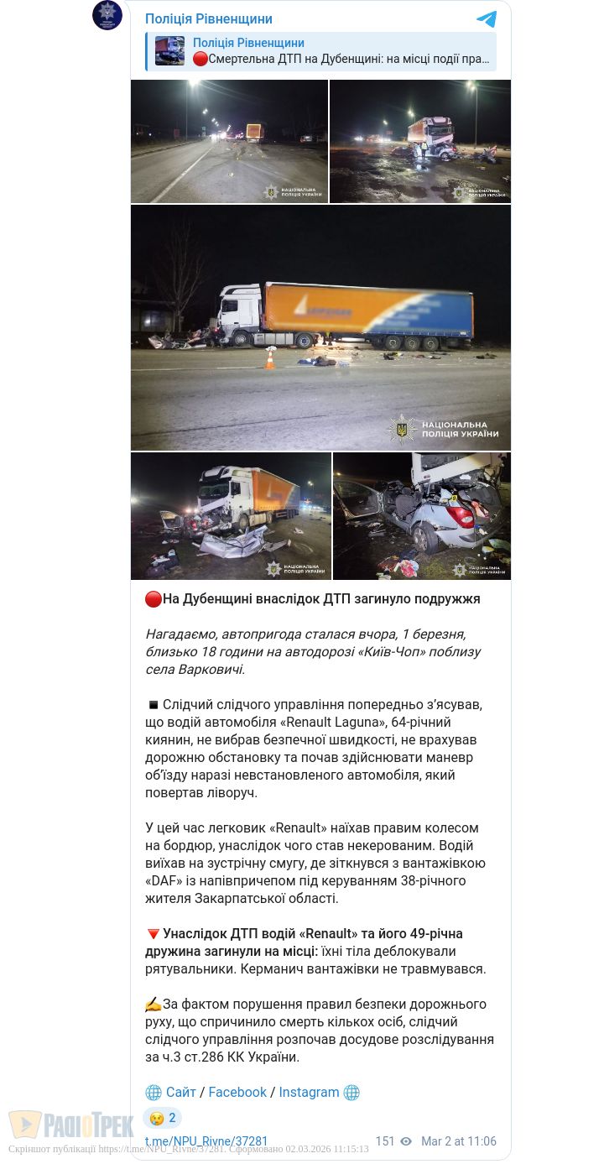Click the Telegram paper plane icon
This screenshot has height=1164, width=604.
click(487, 19)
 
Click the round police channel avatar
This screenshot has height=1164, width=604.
click(107, 15)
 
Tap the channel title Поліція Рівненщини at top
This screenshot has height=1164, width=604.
click(209, 19)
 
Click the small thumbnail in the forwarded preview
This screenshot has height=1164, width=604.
click(169, 51)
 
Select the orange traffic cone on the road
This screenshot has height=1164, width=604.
click(270, 358)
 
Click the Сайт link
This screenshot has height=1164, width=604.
click(180, 1092)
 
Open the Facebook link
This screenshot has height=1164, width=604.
click(237, 1092)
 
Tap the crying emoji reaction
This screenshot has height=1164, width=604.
click(156, 1118)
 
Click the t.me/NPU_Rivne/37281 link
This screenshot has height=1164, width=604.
click(206, 1141)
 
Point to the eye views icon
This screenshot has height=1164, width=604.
click(406, 1141)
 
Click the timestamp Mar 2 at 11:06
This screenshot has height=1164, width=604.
click(459, 1141)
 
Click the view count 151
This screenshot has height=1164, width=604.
click(385, 1141)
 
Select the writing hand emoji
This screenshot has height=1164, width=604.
click(153, 1004)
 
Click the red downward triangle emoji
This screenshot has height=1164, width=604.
click(153, 933)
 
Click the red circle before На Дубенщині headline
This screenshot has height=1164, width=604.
click(153, 599)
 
